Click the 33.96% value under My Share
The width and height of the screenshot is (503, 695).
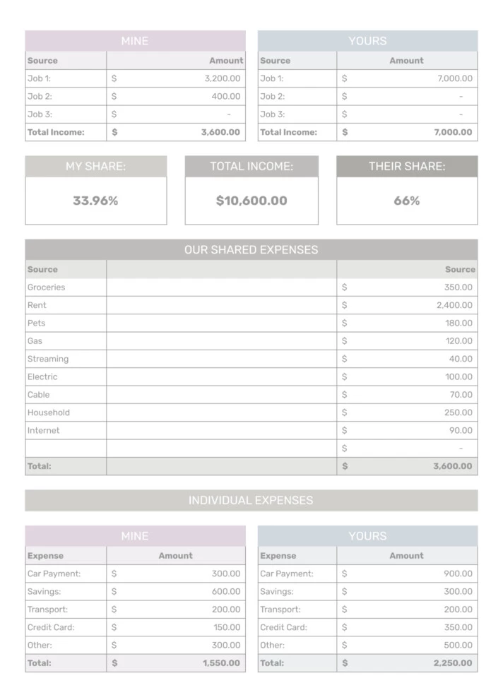click(95, 201)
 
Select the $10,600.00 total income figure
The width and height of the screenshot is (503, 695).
click(251, 201)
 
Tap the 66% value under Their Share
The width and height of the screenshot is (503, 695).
click(406, 201)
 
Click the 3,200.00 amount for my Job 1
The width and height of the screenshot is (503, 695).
click(222, 78)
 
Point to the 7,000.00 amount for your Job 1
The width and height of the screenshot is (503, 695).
click(455, 78)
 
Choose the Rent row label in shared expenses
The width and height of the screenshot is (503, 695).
click(37, 305)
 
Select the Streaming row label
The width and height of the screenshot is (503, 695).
click(48, 359)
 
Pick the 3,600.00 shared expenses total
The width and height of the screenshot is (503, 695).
click(453, 466)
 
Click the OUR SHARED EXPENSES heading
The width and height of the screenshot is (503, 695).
click(251, 249)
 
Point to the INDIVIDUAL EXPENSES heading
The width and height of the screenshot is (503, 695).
click(251, 500)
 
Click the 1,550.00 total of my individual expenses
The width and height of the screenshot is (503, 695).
click(221, 663)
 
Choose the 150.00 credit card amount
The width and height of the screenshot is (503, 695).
click(227, 627)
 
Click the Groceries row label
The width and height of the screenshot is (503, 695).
click(46, 287)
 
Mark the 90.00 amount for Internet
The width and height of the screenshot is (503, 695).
click(461, 430)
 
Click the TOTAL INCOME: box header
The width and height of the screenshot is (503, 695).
click(251, 167)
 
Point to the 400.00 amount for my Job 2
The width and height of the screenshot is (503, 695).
click(226, 96)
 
